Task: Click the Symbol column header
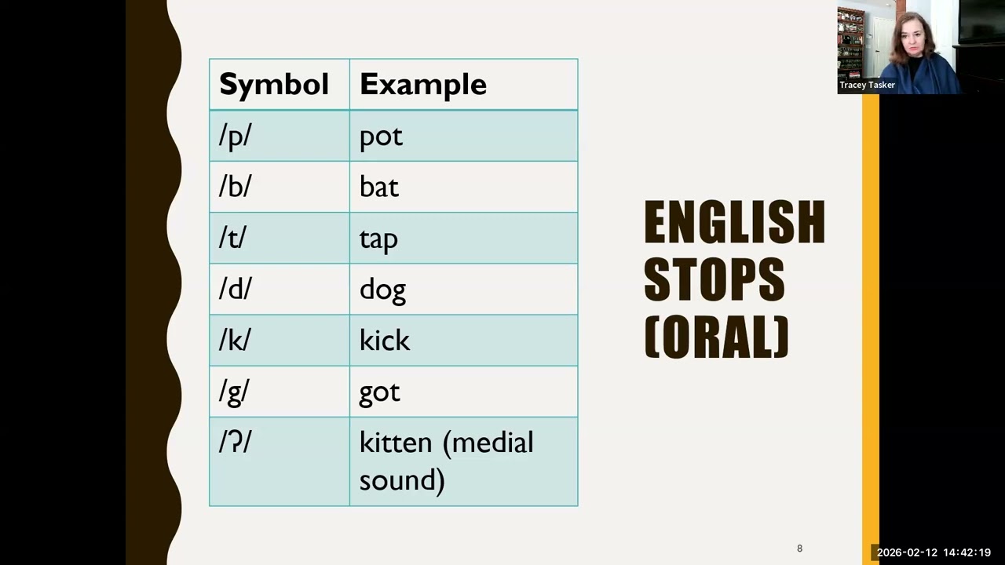pos(273,85)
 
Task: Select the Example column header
pos(422,85)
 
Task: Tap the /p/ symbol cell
pos(235,136)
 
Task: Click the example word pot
pos(381,137)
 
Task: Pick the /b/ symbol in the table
pos(235,187)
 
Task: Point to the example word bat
pos(379,187)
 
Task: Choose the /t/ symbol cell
pos(232,238)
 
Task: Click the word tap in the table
pos(378,239)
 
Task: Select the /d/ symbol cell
pos(235,289)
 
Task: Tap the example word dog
pos(382,290)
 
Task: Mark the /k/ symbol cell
pos(235,340)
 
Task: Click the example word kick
pos(385,340)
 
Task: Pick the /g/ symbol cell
pos(234,392)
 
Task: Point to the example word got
pos(379,392)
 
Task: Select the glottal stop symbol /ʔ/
pos(235,443)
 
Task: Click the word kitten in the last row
pos(396,443)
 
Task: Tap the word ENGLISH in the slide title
pos(734,222)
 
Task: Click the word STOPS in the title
pos(714,279)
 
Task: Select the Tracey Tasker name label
pos(867,85)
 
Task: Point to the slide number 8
pos(799,549)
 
